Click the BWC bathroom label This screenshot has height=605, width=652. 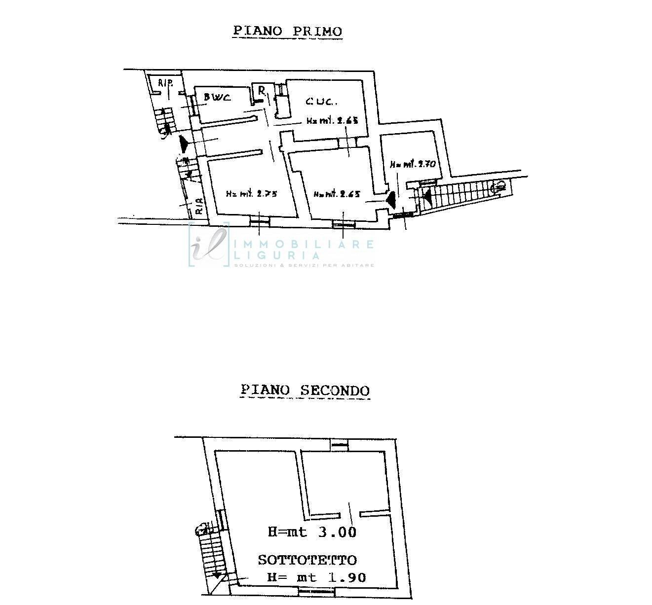coord(217,97)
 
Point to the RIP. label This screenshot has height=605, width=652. coord(164,82)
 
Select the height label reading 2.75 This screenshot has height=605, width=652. coord(252,194)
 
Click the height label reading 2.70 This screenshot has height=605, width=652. coord(413,164)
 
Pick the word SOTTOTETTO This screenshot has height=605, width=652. coord(307,560)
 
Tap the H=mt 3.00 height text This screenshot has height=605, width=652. coord(312,532)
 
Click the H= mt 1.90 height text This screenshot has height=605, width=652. coord(316,577)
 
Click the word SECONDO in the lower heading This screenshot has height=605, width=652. coord(335,391)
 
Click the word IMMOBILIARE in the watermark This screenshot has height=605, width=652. coord(303,244)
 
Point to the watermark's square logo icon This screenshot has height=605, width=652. coord(209,245)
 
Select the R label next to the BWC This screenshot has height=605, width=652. coord(262,91)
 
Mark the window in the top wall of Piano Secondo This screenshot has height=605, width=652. coord(340,444)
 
